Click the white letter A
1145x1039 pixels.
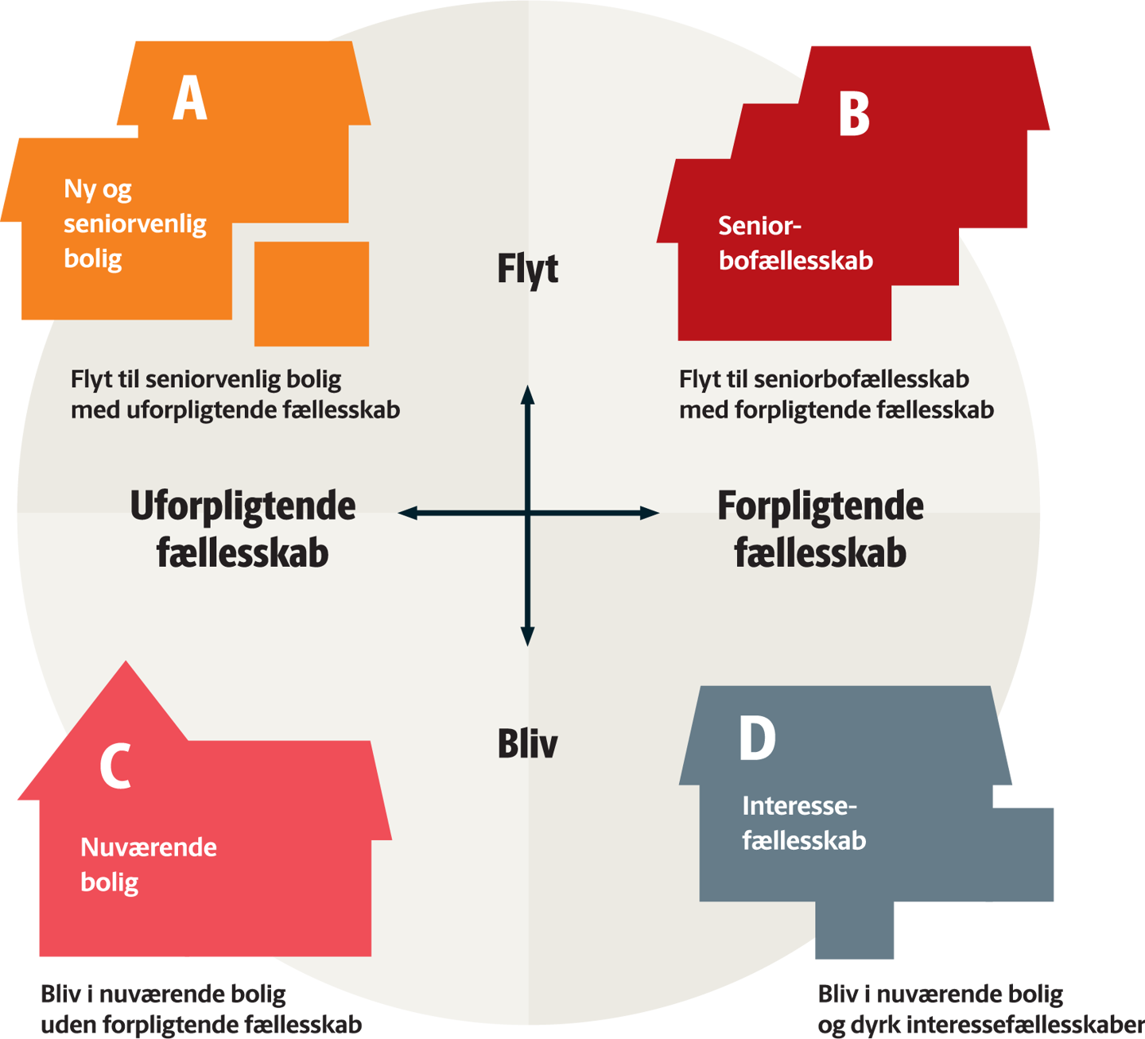coord(190,99)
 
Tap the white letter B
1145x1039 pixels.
coord(854,114)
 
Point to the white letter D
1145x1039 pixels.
coord(757,739)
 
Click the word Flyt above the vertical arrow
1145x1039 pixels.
coord(527,269)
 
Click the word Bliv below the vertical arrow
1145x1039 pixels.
coord(527,744)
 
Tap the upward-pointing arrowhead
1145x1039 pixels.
coord(527,395)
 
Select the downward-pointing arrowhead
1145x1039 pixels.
coord(527,636)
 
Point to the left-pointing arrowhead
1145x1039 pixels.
coord(407,514)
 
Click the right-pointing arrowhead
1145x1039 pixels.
coord(650,514)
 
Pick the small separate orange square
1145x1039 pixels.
coord(311,293)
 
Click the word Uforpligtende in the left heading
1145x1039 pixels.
coord(243,506)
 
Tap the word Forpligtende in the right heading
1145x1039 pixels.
coord(821,506)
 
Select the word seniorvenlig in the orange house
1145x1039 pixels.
coord(135,224)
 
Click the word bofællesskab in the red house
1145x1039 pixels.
coord(796,261)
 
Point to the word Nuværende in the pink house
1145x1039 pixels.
coord(149,847)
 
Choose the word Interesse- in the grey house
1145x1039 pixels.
coord(799,806)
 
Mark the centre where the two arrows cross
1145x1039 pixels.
coord(527,514)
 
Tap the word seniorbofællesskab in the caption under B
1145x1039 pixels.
coord(861,379)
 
